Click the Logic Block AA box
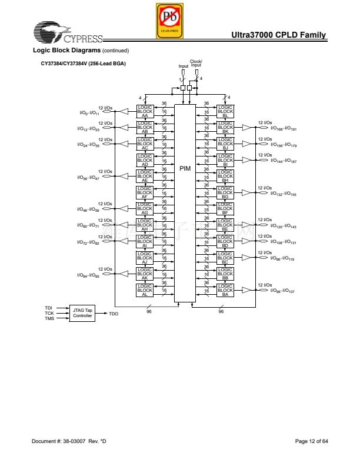coord(145,112)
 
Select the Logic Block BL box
coord(225,112)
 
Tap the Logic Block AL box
coord(145,289)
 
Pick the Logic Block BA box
coord(225,289)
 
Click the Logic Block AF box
coord(145,192)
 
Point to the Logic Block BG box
coord(225,192)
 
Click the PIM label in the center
coord(185,168)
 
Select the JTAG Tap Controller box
coord(82,313)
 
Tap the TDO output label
coord(114,314)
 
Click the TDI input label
coord(49,308)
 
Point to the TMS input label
coord(49,318)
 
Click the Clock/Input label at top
coord(196,64)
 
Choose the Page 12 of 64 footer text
coord(311,441)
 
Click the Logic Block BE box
coord(225,225)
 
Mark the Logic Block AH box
coord(145,225)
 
